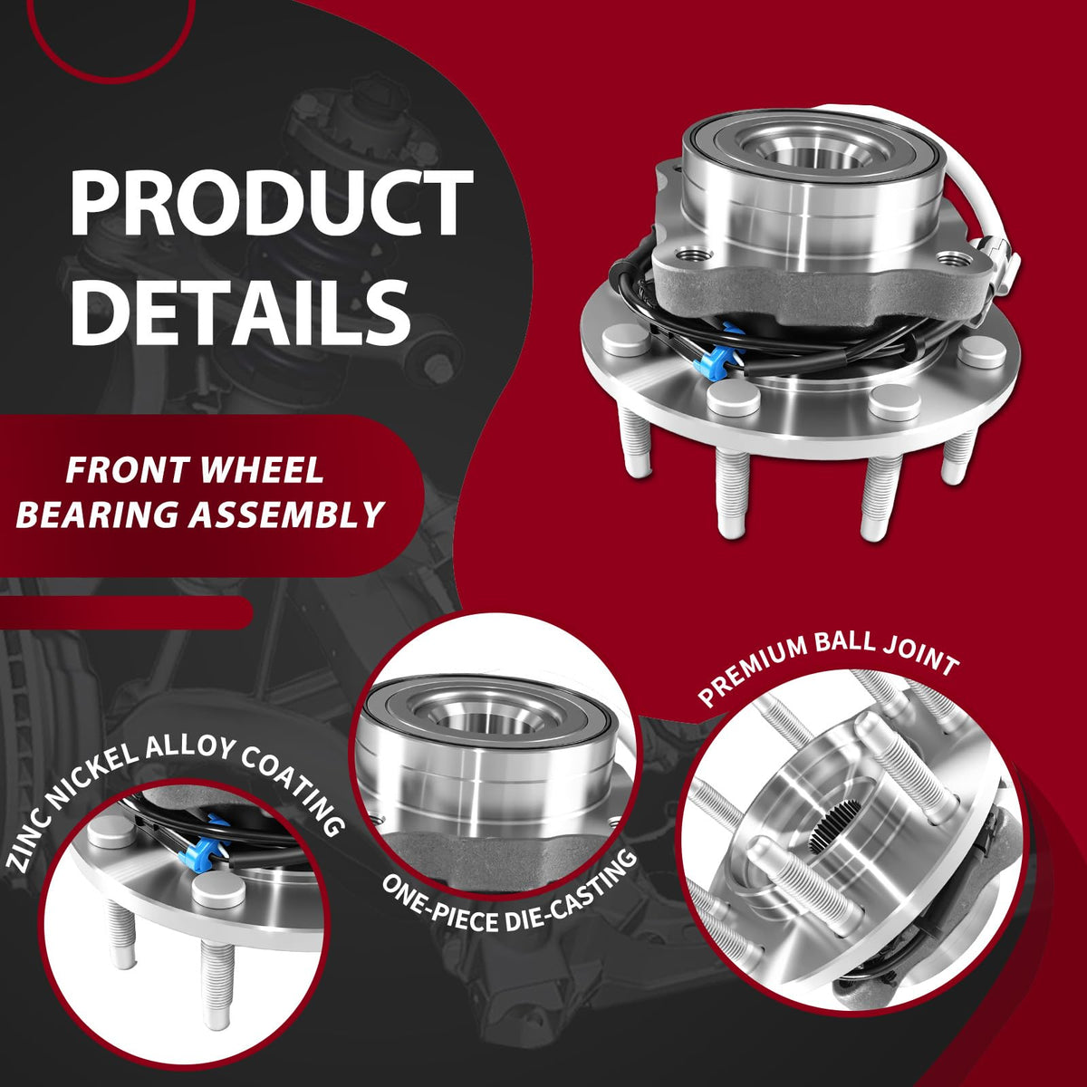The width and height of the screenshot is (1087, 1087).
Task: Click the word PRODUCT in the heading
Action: pyautogui.click(x=272, y=202)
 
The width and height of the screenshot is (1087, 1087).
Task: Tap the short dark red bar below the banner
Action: pyautogui.click(x=126, y=612)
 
